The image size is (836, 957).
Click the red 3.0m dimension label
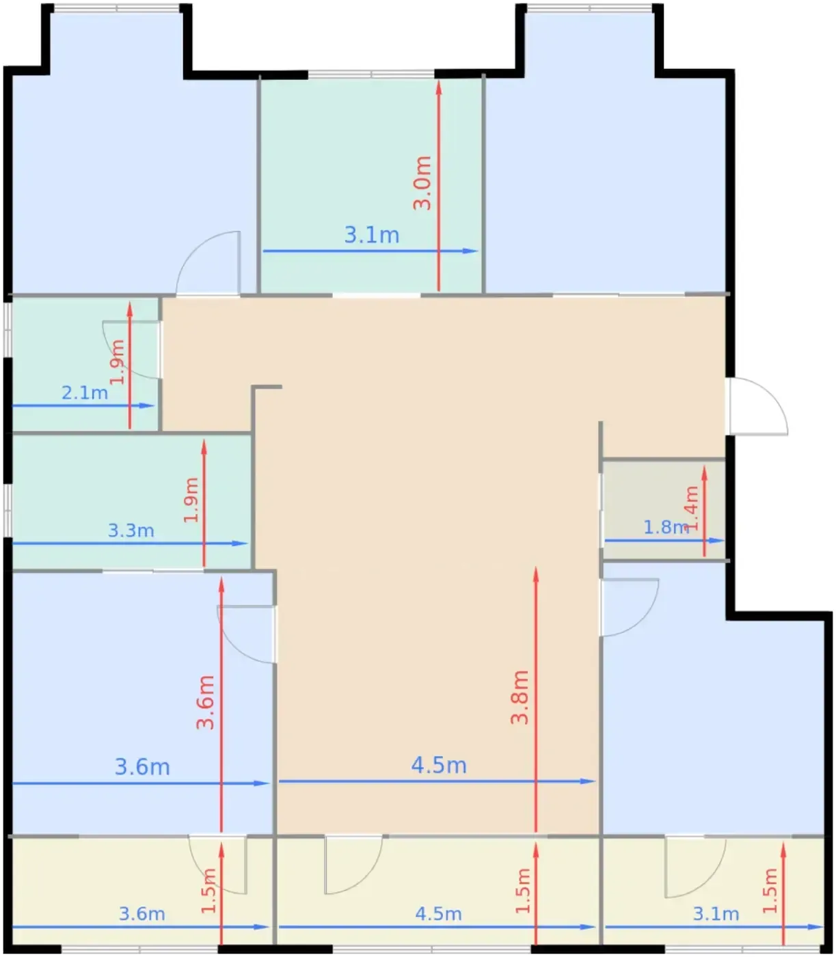(x=422, y=183)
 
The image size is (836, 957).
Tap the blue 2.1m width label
(x=85, y=393)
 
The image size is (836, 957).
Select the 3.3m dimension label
(x=131, y=530)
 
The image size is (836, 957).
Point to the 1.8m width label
(x=666, y=528)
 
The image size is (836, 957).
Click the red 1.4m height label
(x=691, y=509)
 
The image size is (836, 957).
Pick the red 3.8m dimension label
(x=520, y=697)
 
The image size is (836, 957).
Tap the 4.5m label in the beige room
(x=439, y=765)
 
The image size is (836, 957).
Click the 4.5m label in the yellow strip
(x=438, y=914)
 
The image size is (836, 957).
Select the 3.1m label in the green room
(x=372, y=234)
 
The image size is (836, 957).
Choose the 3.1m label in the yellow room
(x=716, y=914)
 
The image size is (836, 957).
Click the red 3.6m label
(x=205, y=702)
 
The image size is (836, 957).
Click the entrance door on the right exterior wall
(x=758, y=406)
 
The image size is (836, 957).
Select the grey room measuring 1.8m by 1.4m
(x=664, y=509)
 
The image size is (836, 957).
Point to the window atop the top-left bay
(x=116, y=8)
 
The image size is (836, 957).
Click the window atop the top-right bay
(x=589, y=8)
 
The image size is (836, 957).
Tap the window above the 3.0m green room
(x=371, y=74)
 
